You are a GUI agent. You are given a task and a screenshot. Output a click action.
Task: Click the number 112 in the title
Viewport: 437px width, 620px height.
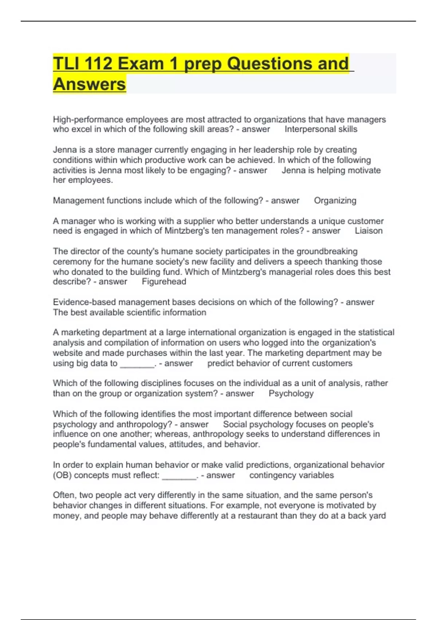pyautogui.click(x=98, y=64)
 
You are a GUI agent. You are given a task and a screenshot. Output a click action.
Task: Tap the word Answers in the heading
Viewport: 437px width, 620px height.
pyautogui.click(x=90, y=84)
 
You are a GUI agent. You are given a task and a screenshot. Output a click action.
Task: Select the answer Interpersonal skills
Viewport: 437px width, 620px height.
pyautogui.click(x=321, y=129)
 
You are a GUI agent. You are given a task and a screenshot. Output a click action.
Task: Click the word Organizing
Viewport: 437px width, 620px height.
pyautogui.click(x=335, y=201)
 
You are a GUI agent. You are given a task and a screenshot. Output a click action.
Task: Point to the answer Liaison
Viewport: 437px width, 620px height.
pyautogui.click(x=369, y=231)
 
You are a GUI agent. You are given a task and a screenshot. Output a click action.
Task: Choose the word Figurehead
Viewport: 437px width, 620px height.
pyautogui.click(x=164, y=282)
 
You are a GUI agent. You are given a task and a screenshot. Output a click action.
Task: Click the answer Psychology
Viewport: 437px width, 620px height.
pyautogui.click(x=291, y=394)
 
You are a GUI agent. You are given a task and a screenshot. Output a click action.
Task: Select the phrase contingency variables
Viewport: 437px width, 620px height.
pyautogui.click(x=291, y=475)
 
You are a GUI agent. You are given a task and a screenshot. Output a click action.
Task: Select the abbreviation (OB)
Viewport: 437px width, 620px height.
pyautogui.click(x=62, y=475)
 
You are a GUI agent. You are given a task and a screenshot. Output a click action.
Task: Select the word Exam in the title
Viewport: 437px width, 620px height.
pyautogui.click(x=141, y=64)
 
